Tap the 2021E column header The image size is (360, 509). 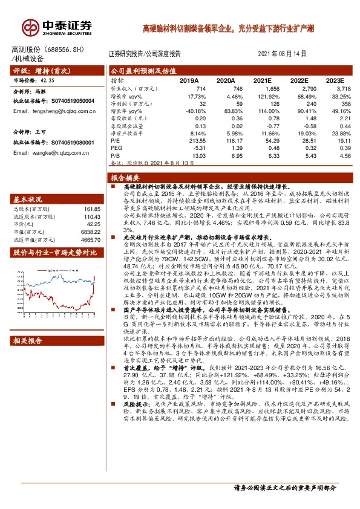(x=263, y=80)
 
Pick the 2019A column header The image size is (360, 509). (x=189, y=80)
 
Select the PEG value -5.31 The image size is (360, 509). (x=192, y=148)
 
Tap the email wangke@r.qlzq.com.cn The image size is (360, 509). (x=56, y=152)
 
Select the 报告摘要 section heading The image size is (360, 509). (x=125, y=178)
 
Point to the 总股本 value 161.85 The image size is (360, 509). (x=91, y=209)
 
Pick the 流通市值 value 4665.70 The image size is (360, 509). (x=90, y=240)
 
